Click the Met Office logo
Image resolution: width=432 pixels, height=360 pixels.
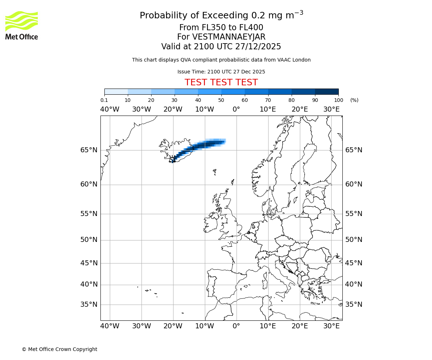coord(22,25)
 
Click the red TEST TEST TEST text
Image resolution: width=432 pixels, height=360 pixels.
coord(221,82)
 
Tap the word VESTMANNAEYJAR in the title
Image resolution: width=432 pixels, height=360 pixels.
coord(229,37)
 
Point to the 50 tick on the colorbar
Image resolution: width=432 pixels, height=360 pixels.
coord(221,100)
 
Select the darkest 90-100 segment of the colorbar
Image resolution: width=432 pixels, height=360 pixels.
coord(327,91)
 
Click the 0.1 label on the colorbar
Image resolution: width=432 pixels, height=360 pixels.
coord(104,100)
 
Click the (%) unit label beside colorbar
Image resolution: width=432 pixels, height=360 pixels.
coord(354,100)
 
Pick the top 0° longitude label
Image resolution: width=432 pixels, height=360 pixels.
coord(236,109)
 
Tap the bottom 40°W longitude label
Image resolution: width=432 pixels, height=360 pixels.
coord(109,326)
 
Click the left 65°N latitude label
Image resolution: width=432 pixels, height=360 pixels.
coord(89,150)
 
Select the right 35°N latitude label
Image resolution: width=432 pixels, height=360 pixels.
coord(354,305)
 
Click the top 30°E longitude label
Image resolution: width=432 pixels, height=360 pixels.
coord(331,109)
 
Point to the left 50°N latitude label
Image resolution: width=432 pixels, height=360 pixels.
coord(89,240)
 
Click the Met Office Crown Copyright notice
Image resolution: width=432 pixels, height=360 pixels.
coord(59,349)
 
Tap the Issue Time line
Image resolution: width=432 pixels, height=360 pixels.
coord(221,72)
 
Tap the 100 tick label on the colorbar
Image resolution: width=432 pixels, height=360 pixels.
coord(338,100)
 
